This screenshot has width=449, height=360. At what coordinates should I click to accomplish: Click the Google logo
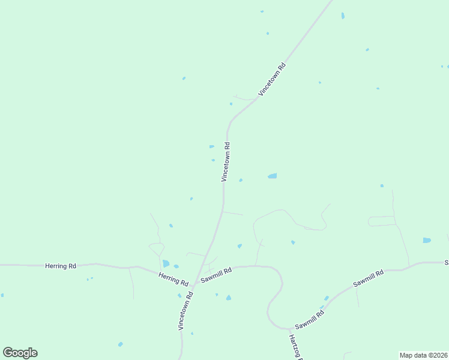[x=20, y=353]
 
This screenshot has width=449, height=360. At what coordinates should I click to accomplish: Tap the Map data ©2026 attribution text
[x=423, y=355]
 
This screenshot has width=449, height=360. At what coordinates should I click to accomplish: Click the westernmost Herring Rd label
[x=60, y=265]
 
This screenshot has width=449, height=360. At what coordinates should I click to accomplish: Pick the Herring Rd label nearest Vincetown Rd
[x=173, y=278]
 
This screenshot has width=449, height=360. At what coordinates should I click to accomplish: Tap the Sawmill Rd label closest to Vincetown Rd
[x=216, y=275]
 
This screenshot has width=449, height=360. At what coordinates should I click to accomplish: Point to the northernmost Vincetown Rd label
[x=272, y=78]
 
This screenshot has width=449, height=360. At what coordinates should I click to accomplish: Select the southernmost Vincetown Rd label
[x=185, y=310]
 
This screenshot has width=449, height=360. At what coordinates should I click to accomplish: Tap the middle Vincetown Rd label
[x=226, y=161]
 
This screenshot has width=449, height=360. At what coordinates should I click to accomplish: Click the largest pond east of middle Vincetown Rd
[x=272, y=176]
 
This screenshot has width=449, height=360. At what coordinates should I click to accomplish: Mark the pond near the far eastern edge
[x=427, y=240]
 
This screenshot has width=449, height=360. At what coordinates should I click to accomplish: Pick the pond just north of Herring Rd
[x=166, y=263]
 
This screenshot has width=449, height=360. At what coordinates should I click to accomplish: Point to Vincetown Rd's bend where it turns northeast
[x=229, y=123]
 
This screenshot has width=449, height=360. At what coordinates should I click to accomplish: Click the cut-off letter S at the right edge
[x=447, y=262]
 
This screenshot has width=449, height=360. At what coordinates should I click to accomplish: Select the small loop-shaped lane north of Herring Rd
[x=157, y=247]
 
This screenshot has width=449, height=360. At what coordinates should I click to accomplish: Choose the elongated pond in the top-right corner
[x=343, y=16]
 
